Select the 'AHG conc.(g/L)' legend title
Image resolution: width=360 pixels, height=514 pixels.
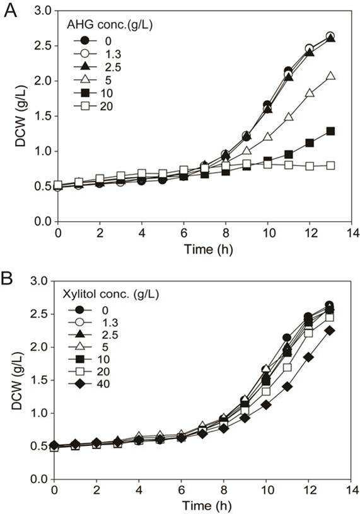pyautogui.click(x=110, y=25)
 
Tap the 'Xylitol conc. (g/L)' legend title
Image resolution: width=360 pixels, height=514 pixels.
pyautogui.click(x=110, y=294)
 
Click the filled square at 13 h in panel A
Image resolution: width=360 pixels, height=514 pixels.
pyautogui.click(x=330, y=131)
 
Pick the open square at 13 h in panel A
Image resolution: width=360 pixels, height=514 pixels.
pyautogui.click(x=330, y=166)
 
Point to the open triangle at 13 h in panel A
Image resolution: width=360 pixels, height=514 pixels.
pyautogui.click(x=330, y=76)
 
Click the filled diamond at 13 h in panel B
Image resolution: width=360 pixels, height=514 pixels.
pyautogui.click(x=330, y=331)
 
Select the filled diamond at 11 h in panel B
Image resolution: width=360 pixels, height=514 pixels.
pyautogui.click(x=287, y=387)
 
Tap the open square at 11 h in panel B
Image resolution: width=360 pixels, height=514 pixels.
pyautogui.click(x=287, y=367)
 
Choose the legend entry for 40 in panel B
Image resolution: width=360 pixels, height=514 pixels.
pyautogui.click(x=89, y=384)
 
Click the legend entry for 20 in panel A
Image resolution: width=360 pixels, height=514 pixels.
pyautogui.click(x=93, y=106)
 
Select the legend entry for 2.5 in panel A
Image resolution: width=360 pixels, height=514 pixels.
pyautogui.click(x=98, y=67)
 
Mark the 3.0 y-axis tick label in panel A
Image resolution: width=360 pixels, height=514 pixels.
pyautogui.click(x=43, y=11)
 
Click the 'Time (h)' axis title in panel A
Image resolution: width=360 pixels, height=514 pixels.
pyautogui.click(x=208, y=249)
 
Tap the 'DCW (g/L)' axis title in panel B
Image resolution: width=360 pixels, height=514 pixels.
pyautogui.click(x=18, y=381)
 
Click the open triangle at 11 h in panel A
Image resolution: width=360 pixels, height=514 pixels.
pyautogui.click(x=288, y=117)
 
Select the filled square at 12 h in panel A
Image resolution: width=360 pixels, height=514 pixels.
pyautogui.click(x=309, y=142)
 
